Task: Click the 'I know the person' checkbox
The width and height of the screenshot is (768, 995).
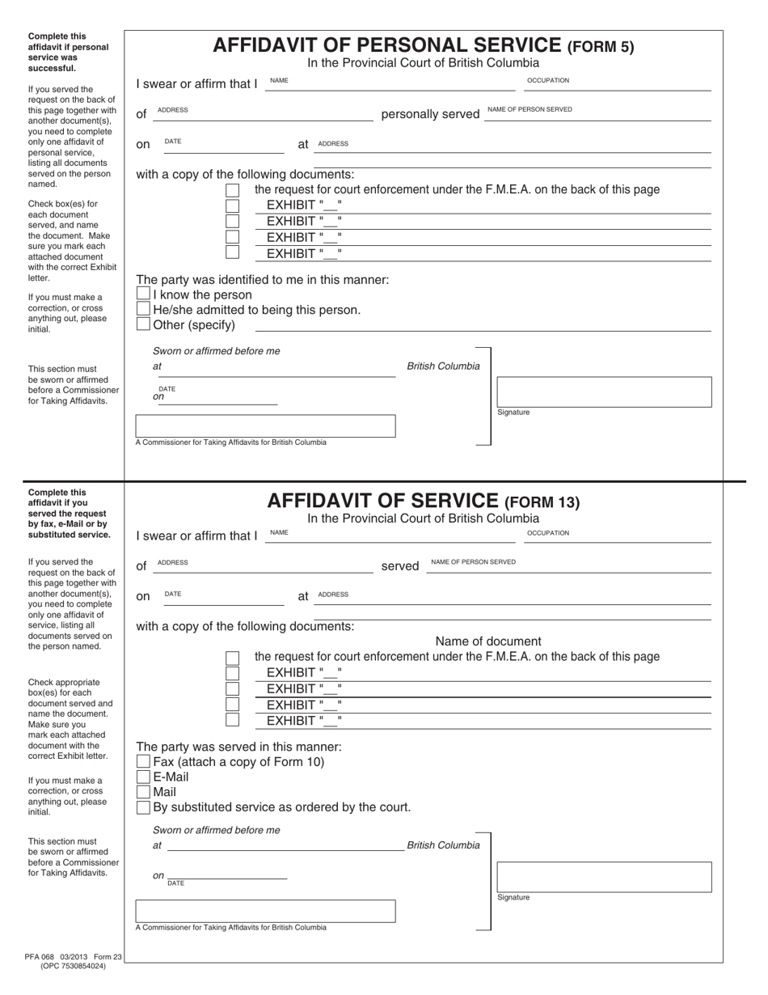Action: tap(143, 294)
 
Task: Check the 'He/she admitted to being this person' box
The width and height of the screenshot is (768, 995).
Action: tap(143, 310)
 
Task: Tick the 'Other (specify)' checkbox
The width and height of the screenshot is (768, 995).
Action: tap(143, 325)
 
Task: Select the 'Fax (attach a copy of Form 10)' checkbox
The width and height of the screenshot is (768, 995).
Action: tap(143, 761)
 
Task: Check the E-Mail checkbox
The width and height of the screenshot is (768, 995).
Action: tap(143, 777)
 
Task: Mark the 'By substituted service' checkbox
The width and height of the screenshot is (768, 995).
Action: tap(143, 807)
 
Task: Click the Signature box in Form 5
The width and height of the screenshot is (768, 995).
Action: tap(603, 392)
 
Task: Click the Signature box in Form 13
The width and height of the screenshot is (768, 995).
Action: tap(603, 877)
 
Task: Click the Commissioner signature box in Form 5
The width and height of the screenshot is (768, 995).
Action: tap(265, 426)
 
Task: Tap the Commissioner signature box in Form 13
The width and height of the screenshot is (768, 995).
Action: tap(265, 911)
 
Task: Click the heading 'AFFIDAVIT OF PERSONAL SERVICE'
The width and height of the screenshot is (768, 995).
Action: tap(386, 45)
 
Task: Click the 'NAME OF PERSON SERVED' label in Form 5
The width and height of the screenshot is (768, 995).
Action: tap(530, 109)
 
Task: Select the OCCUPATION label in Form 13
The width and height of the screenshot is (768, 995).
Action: tap(548, 533)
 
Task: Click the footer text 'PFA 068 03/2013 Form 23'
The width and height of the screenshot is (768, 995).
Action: tap(73, 957)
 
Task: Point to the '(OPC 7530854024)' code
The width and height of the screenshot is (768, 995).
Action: tap(73, 966)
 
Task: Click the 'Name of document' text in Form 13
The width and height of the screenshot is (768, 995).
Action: tap(488, 641)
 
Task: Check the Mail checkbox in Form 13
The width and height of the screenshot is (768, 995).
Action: tap(143, 792)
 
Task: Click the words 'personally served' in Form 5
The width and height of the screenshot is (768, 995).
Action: tap(430, 114)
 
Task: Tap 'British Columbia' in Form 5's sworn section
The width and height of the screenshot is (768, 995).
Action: tap(443, 366)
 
